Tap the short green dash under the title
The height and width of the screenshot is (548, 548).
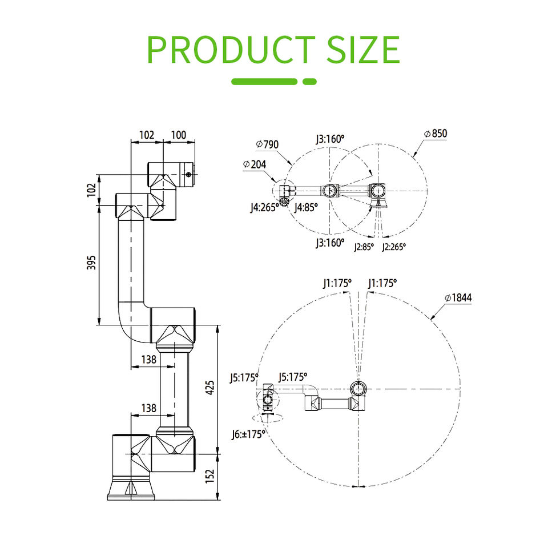coord(309,82)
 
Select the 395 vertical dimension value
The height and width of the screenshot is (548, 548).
coord(91,263)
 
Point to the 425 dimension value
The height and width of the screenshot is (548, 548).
coord(209,388)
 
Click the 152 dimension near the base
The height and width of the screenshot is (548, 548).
coord(209,476)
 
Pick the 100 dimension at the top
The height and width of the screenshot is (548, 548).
coord(179,135)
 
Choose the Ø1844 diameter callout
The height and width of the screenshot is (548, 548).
coord(458,298)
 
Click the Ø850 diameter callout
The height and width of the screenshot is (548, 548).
coord(436,134)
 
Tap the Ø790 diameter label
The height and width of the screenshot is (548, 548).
coord(267,144)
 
